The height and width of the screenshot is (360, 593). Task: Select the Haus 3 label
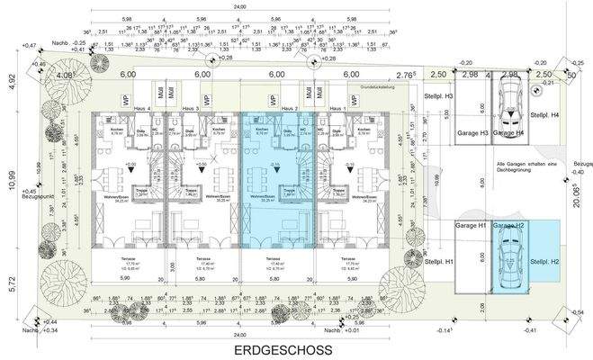point(189,108)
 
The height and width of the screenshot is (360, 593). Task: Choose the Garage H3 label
point(472,133)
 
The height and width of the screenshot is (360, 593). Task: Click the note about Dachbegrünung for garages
point(508,165)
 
